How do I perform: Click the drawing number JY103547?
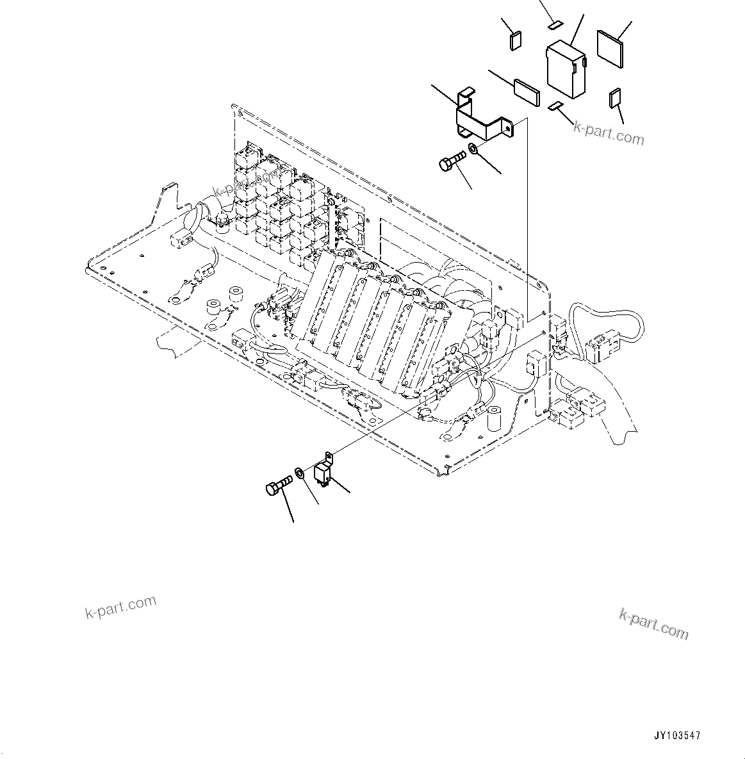point(678,736)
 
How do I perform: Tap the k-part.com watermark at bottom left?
point(120,607)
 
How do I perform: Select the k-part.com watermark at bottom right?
point(653,624)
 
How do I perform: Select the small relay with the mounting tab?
point(324,472)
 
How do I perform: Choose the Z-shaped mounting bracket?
point(484,118)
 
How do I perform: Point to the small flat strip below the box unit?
point(555,106)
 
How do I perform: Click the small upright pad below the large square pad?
point(615,98)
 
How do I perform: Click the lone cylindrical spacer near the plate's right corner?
point(494,418)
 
